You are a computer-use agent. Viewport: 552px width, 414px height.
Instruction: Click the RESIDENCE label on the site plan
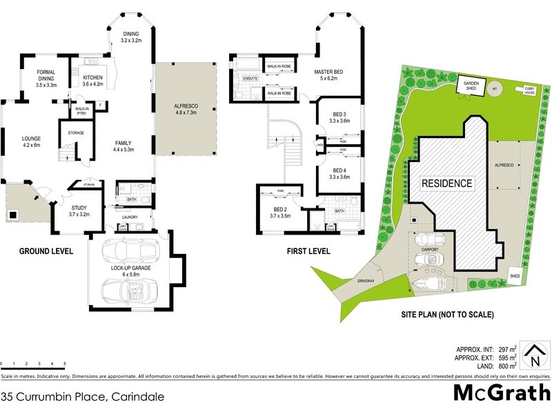(447, 184)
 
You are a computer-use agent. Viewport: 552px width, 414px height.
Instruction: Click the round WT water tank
(494, 89)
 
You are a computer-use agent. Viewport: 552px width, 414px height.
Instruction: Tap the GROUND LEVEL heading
(46, 251)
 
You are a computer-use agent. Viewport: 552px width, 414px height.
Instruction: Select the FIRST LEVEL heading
(308, 251)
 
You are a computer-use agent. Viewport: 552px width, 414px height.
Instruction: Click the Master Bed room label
(328, 75)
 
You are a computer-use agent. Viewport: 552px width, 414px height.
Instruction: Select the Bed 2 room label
(279, 213)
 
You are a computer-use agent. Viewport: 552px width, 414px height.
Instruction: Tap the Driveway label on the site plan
(366, 282)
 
